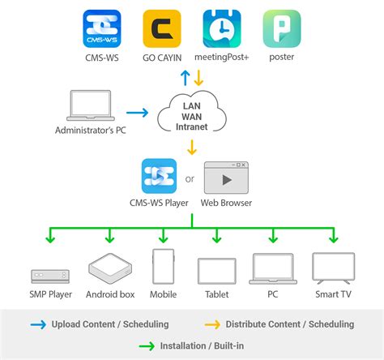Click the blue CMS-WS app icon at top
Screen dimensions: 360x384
coord(103,29)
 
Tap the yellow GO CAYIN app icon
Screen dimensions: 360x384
coord(162,29)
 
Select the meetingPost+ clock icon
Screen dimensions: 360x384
coord(221,29)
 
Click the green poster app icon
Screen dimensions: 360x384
coord(280,29)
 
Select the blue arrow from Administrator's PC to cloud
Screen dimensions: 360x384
coord(138,114)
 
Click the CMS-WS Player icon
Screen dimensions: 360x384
coord(160,175)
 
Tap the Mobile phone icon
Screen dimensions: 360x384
coord(164,267)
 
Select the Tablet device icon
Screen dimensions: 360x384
coord(216,270)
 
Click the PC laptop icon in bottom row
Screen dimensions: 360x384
coord(272,268)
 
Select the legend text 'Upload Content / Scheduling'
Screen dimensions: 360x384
coord(110,324)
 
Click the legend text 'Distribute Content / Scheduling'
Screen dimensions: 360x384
coord(289,324)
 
